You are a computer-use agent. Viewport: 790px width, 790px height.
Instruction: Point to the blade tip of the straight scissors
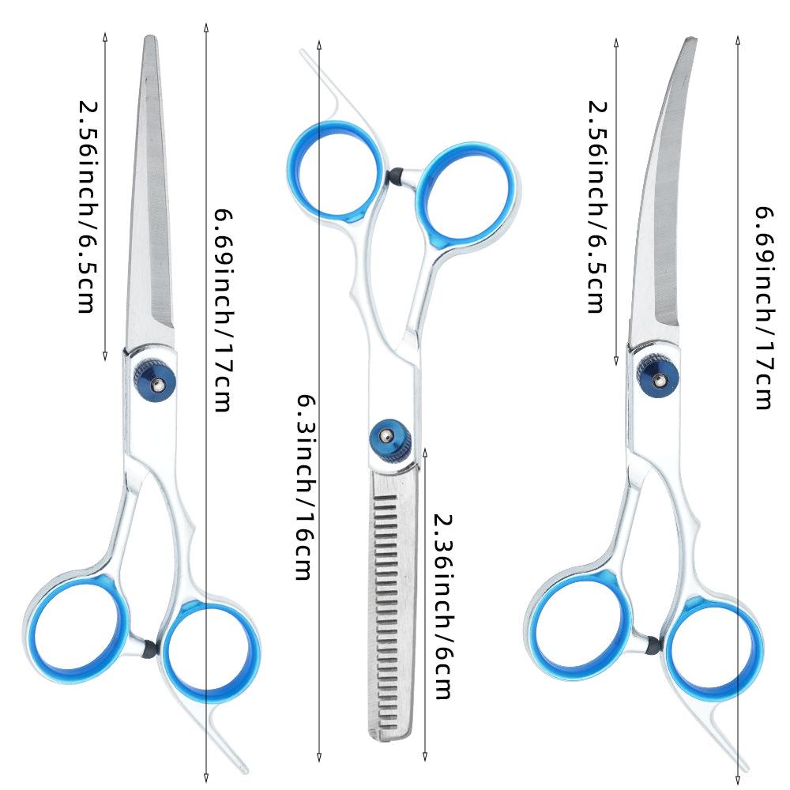pos(149,37)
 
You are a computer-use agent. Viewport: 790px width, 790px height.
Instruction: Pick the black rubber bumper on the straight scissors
pos(149,648)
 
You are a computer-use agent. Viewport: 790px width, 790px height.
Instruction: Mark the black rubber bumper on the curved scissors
pos(651,645)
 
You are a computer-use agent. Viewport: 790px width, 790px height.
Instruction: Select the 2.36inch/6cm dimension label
pos(444,607)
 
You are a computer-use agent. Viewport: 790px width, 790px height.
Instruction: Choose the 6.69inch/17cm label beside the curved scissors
pos(763,307)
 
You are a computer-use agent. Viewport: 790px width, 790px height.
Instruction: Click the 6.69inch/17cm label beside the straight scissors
pos(224,310)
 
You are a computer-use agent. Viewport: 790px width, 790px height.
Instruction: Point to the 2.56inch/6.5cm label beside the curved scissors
pos(599,207)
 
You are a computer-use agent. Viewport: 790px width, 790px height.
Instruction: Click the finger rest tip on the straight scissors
pos(246,769)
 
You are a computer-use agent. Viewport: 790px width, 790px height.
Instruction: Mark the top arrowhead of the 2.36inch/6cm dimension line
pos(425,451)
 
